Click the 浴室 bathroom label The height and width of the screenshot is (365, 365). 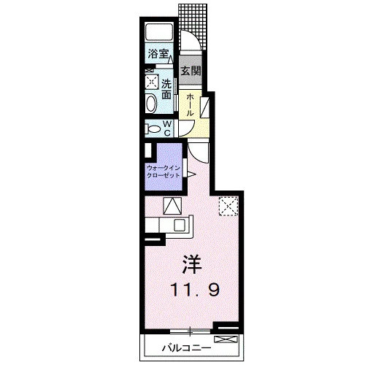(158, 54)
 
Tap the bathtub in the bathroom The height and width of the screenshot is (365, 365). (159, 32)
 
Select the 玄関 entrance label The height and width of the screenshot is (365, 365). (191, 71)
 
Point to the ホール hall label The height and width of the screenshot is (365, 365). (190, 105)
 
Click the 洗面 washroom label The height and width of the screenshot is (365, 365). (166, 89)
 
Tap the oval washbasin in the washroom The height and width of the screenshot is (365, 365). (151, 104)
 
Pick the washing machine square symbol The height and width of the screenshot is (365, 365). (152, 81)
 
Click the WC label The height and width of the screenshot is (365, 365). (168, 128)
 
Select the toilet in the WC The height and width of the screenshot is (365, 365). (152, 128)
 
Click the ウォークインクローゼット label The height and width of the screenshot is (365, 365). (164, 172)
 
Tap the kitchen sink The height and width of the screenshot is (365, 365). (179, 224)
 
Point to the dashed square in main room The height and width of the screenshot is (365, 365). (228, 207)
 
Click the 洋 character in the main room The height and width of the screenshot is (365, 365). (192, 264)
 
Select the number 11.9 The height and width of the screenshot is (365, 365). (196, 290)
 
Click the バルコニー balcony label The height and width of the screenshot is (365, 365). (187, 348)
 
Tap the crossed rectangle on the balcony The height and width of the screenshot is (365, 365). (226, 339)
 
